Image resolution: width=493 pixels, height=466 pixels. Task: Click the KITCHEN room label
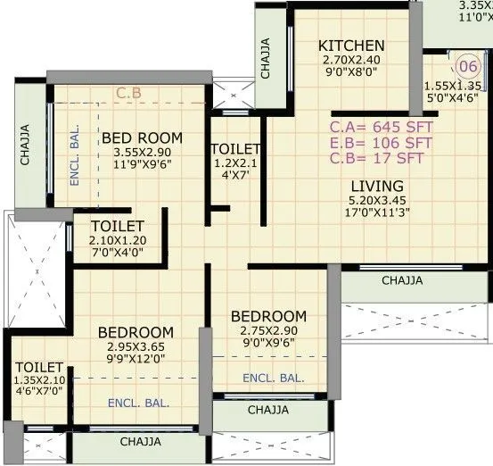coord(351,46)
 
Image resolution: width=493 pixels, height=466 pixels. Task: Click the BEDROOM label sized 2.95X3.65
coord(135,332)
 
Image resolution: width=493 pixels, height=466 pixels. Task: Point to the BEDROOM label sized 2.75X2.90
coord(268,317)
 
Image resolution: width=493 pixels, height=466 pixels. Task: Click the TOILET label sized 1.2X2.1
coord(235,148)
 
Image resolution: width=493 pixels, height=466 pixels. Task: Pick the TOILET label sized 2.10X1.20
coord(117,227)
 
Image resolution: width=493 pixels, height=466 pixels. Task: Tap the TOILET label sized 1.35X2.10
coord(39,367)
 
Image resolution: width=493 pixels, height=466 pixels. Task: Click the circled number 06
coord(469,67)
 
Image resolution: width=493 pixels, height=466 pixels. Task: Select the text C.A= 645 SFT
coord(381,127)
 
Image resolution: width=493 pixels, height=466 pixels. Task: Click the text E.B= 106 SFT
coord(381,143)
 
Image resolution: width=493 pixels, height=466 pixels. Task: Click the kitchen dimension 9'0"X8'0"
coord(351,76)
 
